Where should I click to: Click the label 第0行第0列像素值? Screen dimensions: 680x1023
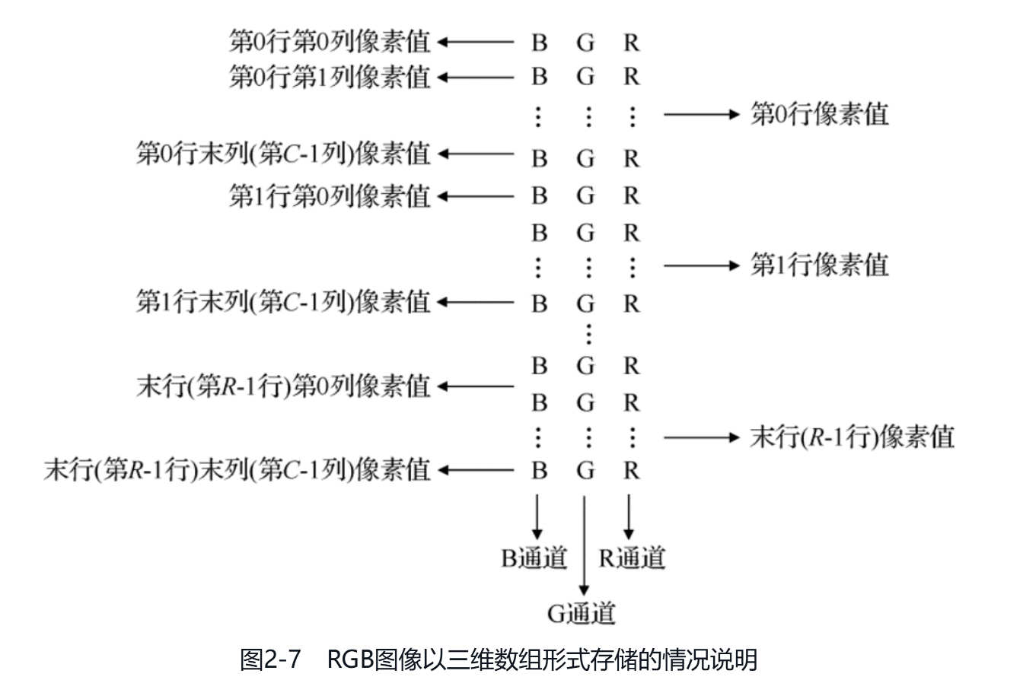click(329, 42)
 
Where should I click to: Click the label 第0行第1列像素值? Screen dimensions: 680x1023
click(329, 77)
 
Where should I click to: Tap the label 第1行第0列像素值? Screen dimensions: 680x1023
click(329, 195)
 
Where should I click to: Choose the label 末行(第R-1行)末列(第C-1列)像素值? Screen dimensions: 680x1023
click(237, 469)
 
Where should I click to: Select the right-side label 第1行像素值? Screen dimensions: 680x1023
click(819, 265)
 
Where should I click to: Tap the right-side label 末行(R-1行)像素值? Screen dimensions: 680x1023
click(852, 437)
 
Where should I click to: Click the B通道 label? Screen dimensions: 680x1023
click(534, 558)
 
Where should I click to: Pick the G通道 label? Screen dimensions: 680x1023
click(582, 613)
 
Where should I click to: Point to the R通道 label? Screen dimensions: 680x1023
click(631, 558)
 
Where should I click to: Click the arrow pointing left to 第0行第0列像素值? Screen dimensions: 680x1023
click(476, 42)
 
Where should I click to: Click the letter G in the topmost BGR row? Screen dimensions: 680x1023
click(585, 43)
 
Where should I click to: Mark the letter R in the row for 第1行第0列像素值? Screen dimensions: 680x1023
click(631, 195)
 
